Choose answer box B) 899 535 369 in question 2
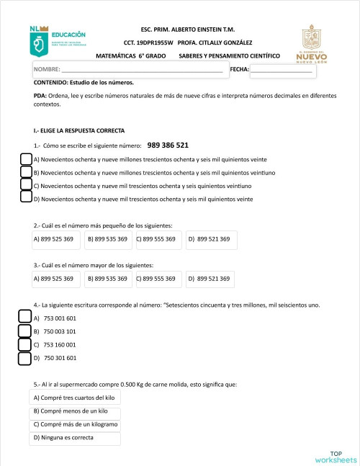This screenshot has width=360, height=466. click(107, 238)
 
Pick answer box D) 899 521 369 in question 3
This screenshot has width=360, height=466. click(209, 278)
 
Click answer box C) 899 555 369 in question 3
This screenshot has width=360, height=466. click(156, 278)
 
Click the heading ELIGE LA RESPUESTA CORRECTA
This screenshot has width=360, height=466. click(78, 130)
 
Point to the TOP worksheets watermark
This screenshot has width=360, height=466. click(336, 457)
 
